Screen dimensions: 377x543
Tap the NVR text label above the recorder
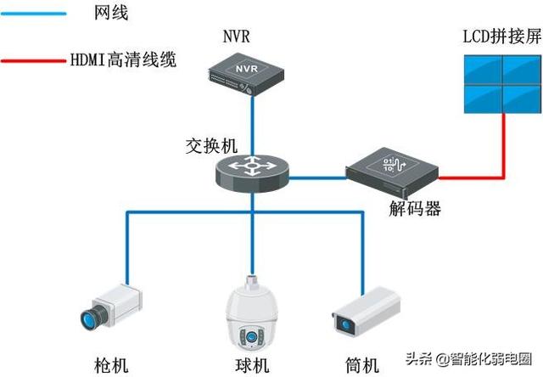(237, 37)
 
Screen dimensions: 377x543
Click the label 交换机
(209, 145)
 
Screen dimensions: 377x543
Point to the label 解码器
(415, 209)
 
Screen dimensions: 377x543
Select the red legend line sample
(33, 61)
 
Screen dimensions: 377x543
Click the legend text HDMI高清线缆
(128, 61)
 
